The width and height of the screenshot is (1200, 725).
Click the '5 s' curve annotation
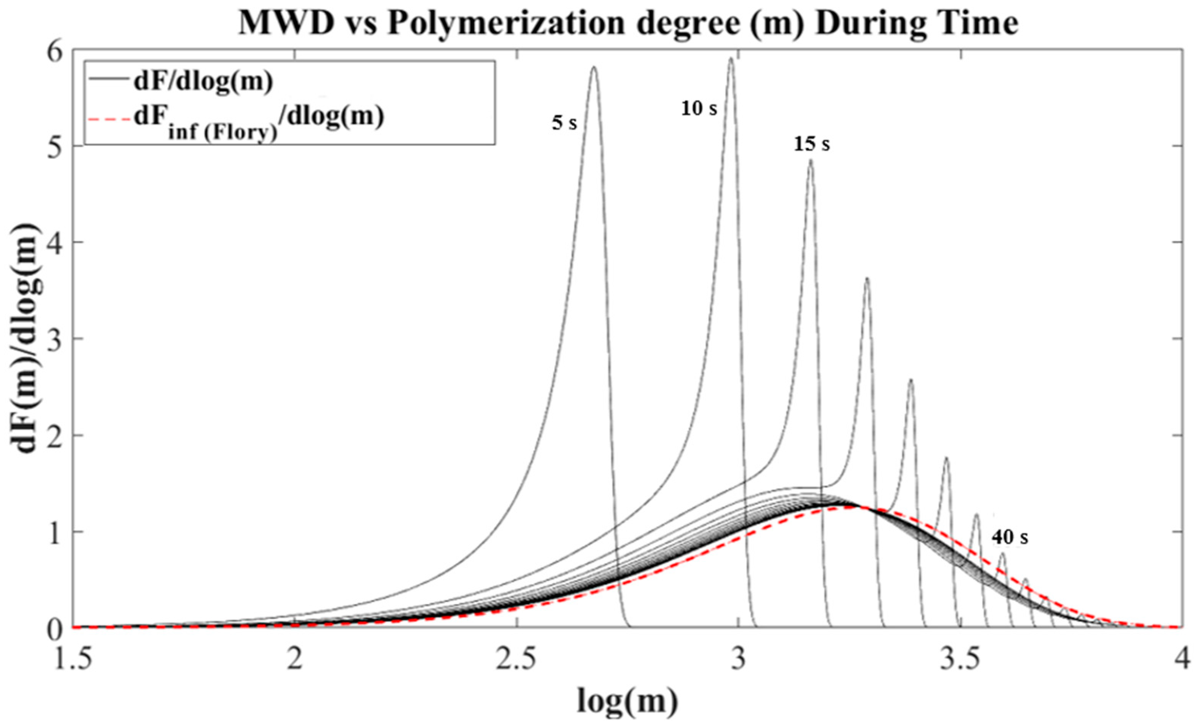(x=564, y=123)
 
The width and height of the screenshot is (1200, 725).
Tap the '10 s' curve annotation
(x=699, y=109)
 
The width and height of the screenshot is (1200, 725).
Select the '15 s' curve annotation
(x=812, y=144)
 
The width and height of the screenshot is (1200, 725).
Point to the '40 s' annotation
(x=1010, y=538)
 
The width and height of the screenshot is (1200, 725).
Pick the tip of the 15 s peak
(x=810, y=160)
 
